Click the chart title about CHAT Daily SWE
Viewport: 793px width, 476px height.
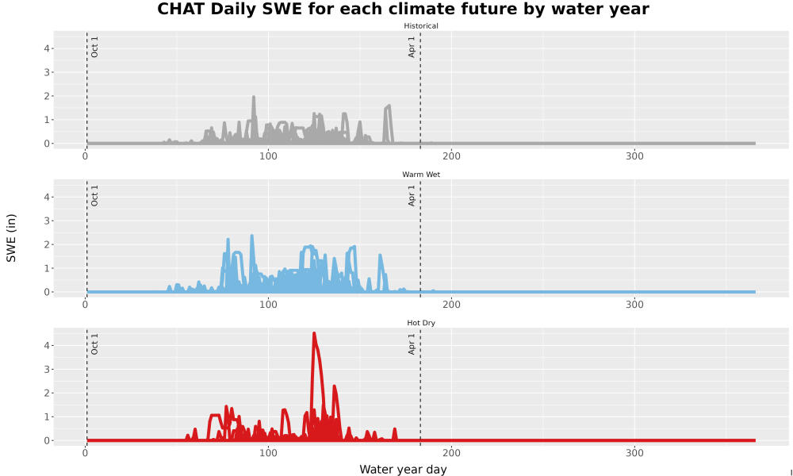(x=403, y=9)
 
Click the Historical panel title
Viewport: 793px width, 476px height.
(x=421, y=26)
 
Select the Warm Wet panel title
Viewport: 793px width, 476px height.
(x=421, y=175)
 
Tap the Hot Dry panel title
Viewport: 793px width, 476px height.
(x=421, y=323)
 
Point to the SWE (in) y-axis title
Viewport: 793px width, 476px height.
(x=11, y=238)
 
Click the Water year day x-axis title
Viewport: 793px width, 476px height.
(x=403, y=469)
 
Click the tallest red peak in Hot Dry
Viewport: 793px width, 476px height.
(x=314, y=334)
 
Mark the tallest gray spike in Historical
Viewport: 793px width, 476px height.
(x=254, y=97)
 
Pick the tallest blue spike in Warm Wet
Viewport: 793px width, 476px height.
(x=252, y=236)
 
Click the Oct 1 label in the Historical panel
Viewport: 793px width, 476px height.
(x=94, y=47)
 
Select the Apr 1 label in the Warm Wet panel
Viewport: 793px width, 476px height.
(x=412, y=196)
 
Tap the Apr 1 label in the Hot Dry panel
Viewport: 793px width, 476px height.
(x=412, y=344)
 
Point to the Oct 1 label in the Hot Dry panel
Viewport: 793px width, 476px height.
(x=94, y=344)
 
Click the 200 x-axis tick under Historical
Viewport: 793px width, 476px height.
(x=451, y=156)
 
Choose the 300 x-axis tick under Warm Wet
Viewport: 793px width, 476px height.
(x=634, y=305)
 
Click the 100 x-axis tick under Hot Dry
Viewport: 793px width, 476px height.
(x=268, y=453)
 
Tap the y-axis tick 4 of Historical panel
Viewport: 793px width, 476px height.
(x=47, y=48)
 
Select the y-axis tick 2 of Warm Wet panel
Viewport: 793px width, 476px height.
(x=47, y=244)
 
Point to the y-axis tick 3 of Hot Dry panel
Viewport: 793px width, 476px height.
(x=47, y=369)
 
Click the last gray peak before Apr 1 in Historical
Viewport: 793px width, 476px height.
(x=389, y=106)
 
